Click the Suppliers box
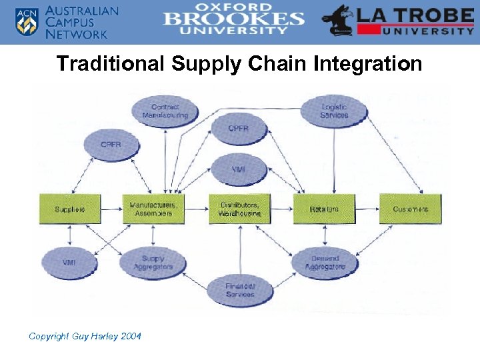point(70,209)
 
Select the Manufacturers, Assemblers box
point(153,209)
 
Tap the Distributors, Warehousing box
point(239,209)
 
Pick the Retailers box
point(324,209)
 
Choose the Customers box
point(410,209)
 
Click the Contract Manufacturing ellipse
point(165,111)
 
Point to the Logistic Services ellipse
point(334,111)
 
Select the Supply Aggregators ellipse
point(153,263)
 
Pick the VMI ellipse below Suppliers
point(69,263)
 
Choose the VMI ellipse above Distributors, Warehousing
point(239,169)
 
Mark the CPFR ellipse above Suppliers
point(111,144)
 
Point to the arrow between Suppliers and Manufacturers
point(111,209)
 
